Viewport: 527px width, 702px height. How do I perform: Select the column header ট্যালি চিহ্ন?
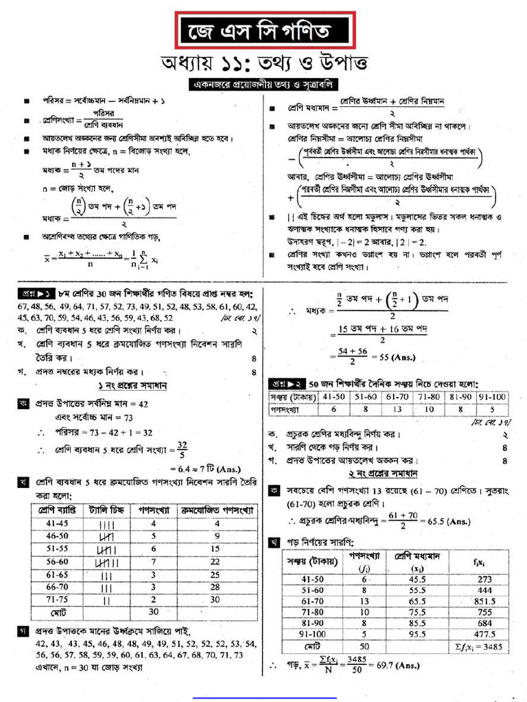coord(106,511)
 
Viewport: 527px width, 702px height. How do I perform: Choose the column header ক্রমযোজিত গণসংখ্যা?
coord(217,511)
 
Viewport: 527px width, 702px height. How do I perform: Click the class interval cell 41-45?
coord(58,523)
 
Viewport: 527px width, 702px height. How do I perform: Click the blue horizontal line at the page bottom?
coord(264,697)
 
